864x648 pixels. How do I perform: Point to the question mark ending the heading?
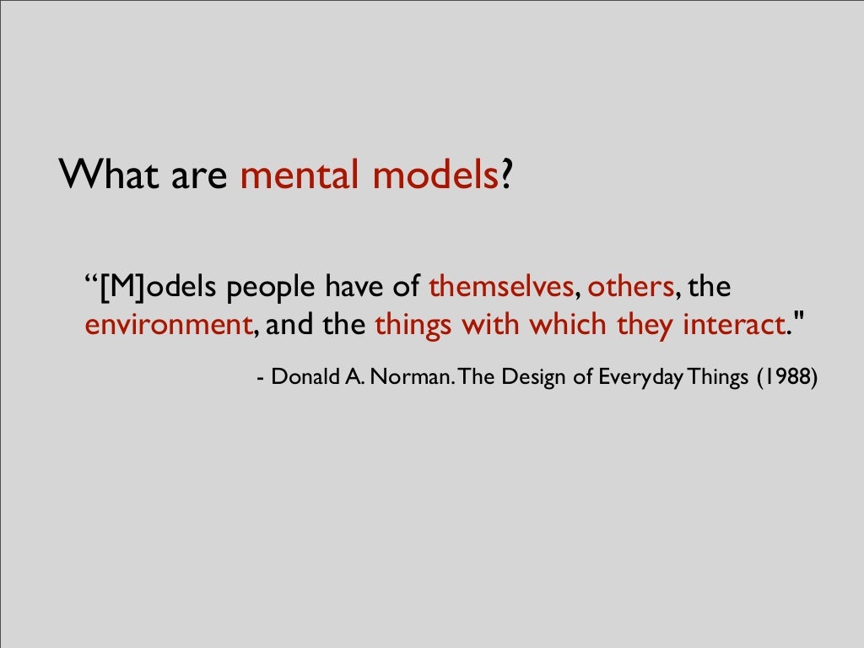(x=506, y=175)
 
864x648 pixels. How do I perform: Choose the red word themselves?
(x=501, y=287)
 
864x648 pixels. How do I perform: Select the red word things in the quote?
(x=413, y=325)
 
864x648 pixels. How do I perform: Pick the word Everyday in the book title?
(x=640, y=377)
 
